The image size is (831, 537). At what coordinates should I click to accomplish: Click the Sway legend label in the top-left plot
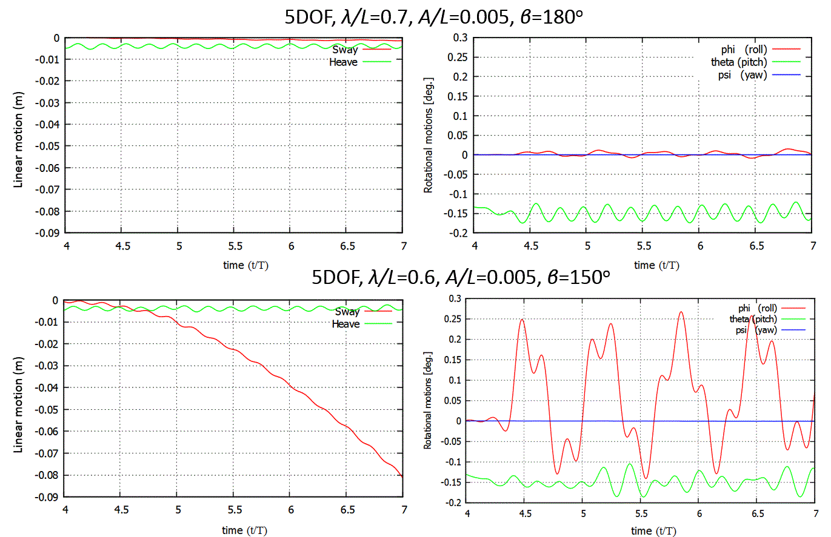(345, 50)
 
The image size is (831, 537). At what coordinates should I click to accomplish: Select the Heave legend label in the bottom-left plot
(345, 324)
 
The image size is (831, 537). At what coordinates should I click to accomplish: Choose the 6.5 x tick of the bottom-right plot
(756, 513)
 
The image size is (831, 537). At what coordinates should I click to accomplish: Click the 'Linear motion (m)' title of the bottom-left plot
(18, 403)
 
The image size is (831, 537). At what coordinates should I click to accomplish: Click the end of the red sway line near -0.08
(402, 476)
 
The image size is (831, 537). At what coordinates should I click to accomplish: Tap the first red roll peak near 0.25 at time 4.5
(522, 319)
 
